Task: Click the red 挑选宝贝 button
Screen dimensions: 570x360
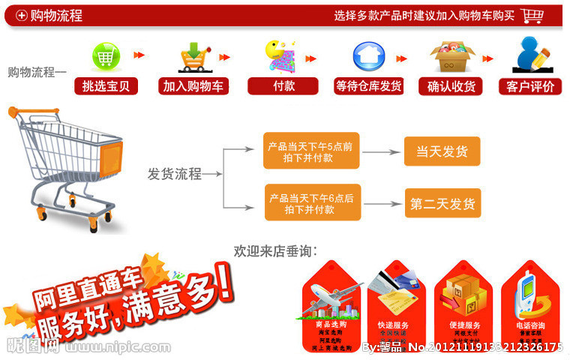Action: (106, 86)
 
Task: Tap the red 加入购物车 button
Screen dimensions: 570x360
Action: (193, 86)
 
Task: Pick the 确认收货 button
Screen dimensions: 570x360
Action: (451, 86)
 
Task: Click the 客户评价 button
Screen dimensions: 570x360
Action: (530, 86)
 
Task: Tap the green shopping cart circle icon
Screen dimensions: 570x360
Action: (106, 56)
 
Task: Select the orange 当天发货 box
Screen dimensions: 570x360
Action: (442, 151)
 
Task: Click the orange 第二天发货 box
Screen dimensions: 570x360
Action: (442, 203)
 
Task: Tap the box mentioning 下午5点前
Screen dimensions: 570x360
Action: (311, 151)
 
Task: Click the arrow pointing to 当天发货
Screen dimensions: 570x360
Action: (382, 151)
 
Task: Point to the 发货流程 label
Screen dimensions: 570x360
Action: (174, 175)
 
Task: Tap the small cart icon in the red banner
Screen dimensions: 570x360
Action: (532, 15)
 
